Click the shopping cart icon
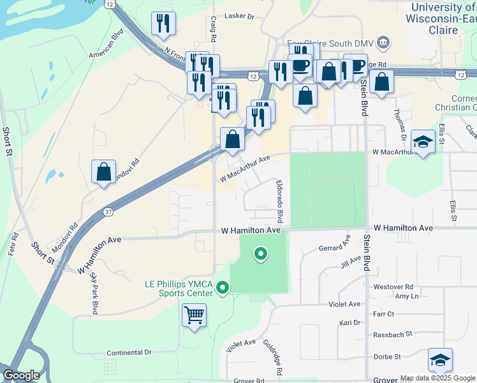point(194,315)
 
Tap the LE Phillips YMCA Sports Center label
point(177,289)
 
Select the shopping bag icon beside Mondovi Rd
point(103,172)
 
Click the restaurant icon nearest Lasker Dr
point(164,24)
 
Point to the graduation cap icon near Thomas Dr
point(423,142)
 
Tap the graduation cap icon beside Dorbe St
point(440,360)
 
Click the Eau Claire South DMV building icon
point(384,43)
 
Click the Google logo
point(22,375)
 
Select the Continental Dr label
point(129,352)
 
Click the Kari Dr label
point(350,323)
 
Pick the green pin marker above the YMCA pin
point(260,254)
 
